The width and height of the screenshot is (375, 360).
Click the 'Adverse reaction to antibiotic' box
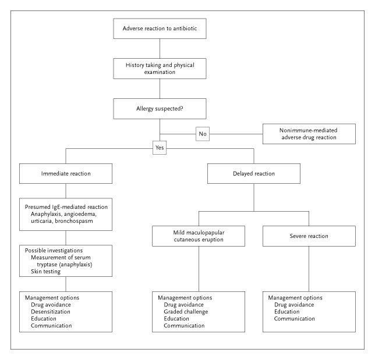160,28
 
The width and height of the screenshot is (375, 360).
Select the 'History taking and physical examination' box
160,69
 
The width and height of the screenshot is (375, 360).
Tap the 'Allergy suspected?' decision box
160,109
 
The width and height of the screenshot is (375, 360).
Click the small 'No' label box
203,134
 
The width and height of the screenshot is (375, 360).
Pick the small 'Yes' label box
160,148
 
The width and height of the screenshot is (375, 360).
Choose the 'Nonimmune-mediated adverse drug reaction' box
309,134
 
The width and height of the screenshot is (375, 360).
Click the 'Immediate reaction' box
66,174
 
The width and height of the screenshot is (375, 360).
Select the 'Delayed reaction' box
254,174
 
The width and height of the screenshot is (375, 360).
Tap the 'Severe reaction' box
309,236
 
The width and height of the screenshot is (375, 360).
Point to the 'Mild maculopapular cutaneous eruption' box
199,236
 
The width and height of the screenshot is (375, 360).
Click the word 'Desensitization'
51,312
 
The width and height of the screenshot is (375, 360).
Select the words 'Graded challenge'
186,312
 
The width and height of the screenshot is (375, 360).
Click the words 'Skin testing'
45,272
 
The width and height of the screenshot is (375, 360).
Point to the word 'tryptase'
47,265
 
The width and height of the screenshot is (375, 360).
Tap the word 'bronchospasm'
74,221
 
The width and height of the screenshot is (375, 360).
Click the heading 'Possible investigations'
54,251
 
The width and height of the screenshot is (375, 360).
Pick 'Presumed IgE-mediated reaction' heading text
66,207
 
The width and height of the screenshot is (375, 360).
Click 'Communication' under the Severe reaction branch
295,319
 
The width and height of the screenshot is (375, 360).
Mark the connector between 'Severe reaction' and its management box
309,269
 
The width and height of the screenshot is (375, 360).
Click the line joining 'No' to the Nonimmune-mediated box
236,134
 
